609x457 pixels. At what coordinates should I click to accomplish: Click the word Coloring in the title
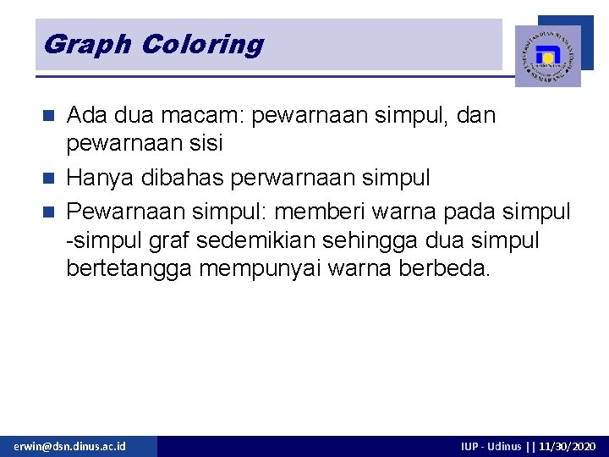[x=202, y=44]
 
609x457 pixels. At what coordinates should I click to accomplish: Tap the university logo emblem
[x=547, y=56]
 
